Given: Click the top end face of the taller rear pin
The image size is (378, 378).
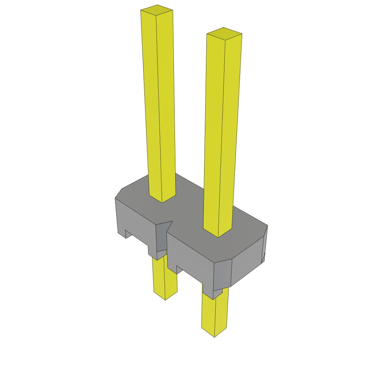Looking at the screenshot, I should coord(157,11).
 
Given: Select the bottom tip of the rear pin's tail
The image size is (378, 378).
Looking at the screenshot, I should coord(165,298).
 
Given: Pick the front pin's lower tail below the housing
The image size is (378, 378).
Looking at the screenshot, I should coord(214,314).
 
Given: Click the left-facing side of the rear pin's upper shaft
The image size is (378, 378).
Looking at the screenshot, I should coord(152,103).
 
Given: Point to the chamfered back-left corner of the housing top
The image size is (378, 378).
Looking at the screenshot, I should coord(119,193).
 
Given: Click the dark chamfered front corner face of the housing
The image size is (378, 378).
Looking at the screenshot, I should coord(223,275).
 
